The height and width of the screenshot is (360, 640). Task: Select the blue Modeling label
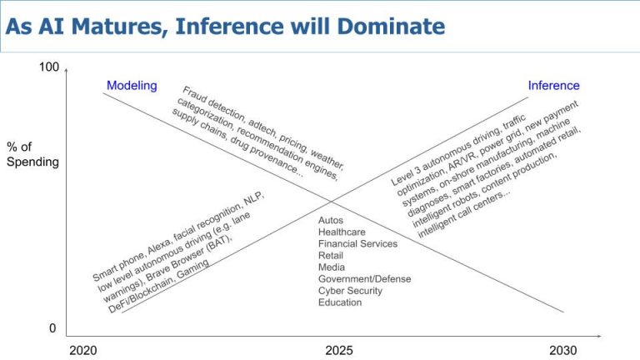click(132, 85)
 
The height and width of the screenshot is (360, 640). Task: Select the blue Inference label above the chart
click(553, 85)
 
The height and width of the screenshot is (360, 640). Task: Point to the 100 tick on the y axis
click(49, 67)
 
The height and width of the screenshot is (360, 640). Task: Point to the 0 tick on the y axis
click(52, 328)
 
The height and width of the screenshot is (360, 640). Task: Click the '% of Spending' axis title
click(32, 154)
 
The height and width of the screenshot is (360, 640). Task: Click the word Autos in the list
click(331, 220)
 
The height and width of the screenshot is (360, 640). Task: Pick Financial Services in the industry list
click(357, 243)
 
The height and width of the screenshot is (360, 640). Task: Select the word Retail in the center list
click(331, 255)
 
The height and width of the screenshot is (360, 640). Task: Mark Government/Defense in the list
click(364, 278)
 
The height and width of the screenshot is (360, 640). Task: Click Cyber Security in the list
click(351, 290)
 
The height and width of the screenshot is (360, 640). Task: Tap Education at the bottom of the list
click(340, 302)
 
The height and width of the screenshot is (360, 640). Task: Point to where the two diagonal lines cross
click(331, 201)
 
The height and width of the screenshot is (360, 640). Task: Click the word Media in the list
click(332, 267)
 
